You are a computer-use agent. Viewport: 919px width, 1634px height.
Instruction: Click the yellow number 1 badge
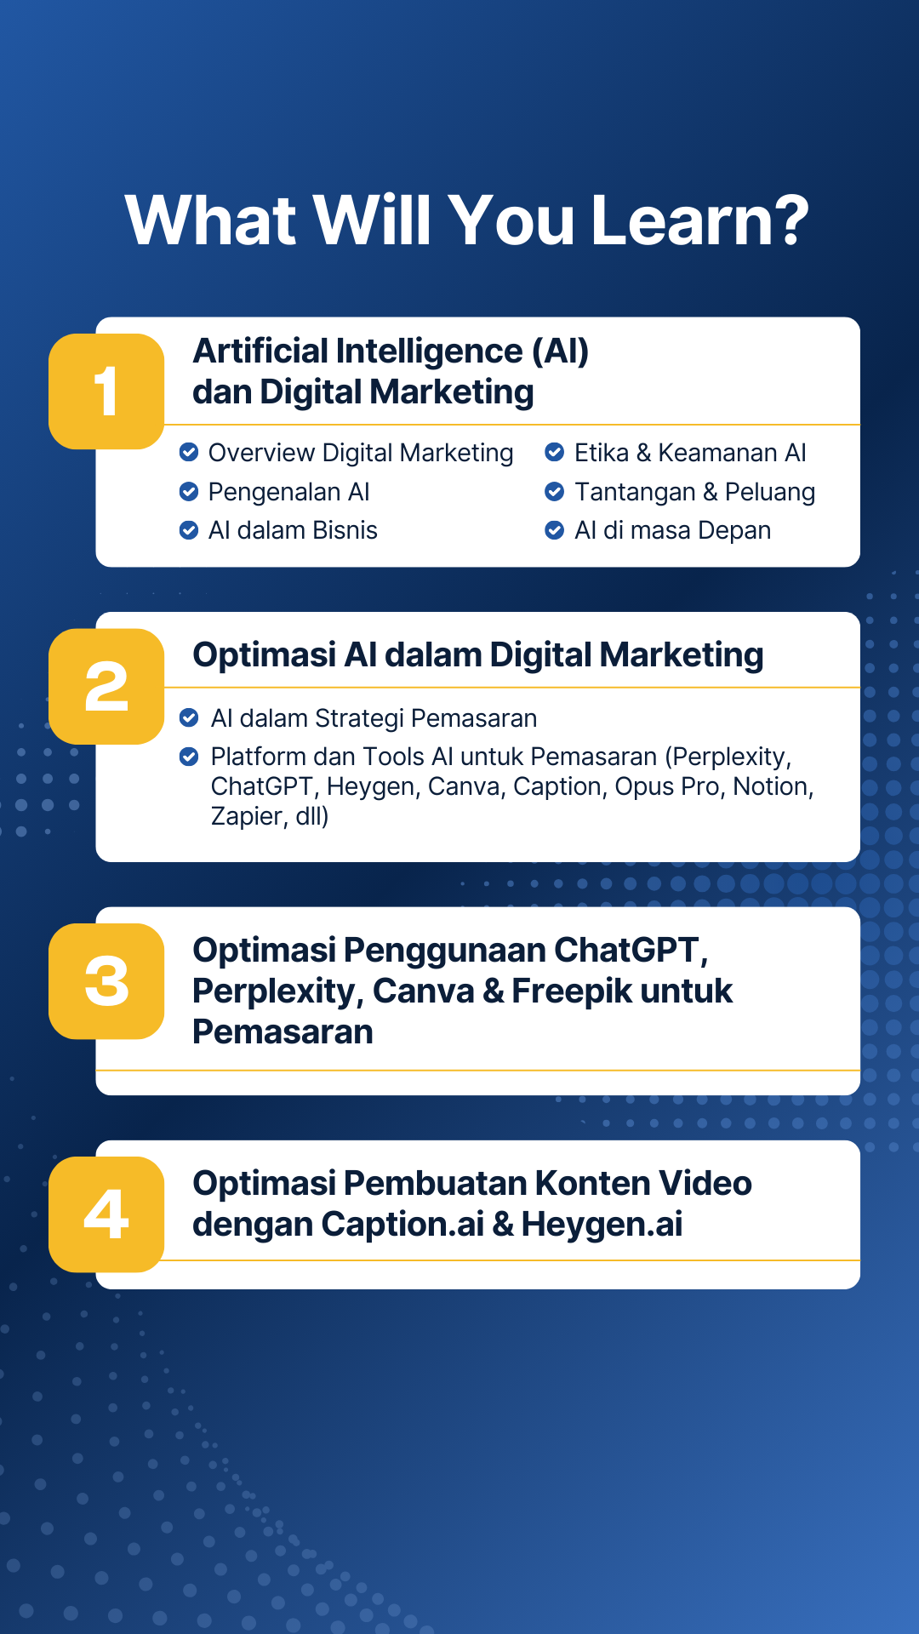click(x=106, y=391)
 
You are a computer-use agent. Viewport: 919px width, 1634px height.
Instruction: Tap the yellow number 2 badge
click(x=106, y=687)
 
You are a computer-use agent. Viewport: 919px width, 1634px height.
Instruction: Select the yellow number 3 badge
click(x=106, y=981)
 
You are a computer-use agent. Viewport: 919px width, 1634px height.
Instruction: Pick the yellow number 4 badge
click(x=106, y=1214)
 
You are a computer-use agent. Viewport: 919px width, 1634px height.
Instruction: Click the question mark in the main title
click(x=791, y=220)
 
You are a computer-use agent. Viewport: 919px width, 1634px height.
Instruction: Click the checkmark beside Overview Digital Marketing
click(x=189, y=452)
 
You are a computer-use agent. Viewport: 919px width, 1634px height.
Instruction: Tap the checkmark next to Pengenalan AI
click(x=189, y=491)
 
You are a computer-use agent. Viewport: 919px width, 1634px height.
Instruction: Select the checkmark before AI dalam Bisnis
click(x=189, y=530)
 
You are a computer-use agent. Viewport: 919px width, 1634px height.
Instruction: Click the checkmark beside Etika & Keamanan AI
click(x=555, y=452)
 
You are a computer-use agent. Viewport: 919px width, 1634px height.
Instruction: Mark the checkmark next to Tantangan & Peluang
click(x=555, y=491)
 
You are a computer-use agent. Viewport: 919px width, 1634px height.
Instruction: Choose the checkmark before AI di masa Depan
click(x=555, y=530)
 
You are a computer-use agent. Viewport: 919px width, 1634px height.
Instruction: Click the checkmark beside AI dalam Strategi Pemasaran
click(x=189, y=717)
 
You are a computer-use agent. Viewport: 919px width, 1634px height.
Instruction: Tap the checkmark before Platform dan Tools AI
click(x=189, y=756)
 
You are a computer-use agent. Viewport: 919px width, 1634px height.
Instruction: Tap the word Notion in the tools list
click(x=773, y=787)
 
